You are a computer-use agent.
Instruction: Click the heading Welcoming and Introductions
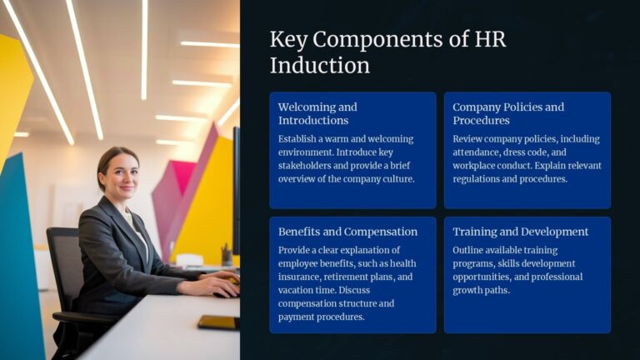pyautogui.click(x=317, y=113)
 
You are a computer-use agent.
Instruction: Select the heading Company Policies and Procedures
pyautogui.click(x=508, y=113)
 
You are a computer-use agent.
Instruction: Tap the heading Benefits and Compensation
pyautogui.click(x=348, y=232)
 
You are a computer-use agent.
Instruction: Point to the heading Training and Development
pyautogui.click(x=521, y=232)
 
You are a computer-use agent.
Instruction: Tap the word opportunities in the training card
pyautogui.click(x=483, y=277)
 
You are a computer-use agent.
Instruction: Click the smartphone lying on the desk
pyautogui.click(x=217, y=322)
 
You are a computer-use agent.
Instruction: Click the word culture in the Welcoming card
pyautogui.click(x=396, y=179)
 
